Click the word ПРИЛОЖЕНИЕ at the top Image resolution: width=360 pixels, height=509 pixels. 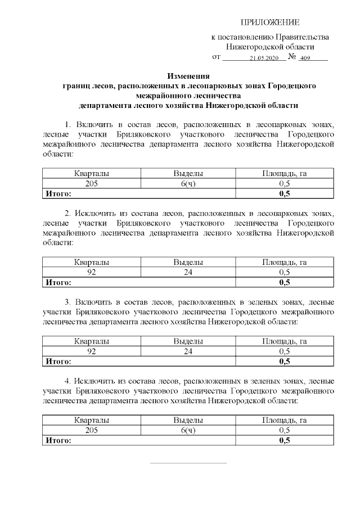tap(270, 22)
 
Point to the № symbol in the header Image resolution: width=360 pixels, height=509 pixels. tap(291, 57)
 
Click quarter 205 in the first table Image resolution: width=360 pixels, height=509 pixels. tap(91, 184)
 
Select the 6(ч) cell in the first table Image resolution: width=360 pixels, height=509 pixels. tap(188, 184)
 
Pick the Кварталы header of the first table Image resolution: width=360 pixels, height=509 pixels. tap(91, 174)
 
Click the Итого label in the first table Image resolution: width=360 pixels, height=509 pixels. tap(58, 193)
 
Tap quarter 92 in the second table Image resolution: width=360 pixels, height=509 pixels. tap(91, 272)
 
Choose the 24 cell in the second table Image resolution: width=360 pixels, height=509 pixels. tap(188, 272)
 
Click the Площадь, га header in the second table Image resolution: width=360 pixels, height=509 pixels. tap(284, 263)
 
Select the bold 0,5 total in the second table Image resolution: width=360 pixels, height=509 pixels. tap(284, 282)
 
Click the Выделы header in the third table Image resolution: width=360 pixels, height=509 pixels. tap(188, 341)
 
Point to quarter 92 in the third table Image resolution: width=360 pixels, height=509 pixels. tap(91, 351)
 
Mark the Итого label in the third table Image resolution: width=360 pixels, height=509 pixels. tap(58, 361)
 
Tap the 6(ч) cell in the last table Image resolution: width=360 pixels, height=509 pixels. tap(188, 430)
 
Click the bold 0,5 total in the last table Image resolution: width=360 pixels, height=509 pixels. tap(284, 440)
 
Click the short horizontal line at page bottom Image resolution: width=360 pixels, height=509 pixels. tap(188, 463)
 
